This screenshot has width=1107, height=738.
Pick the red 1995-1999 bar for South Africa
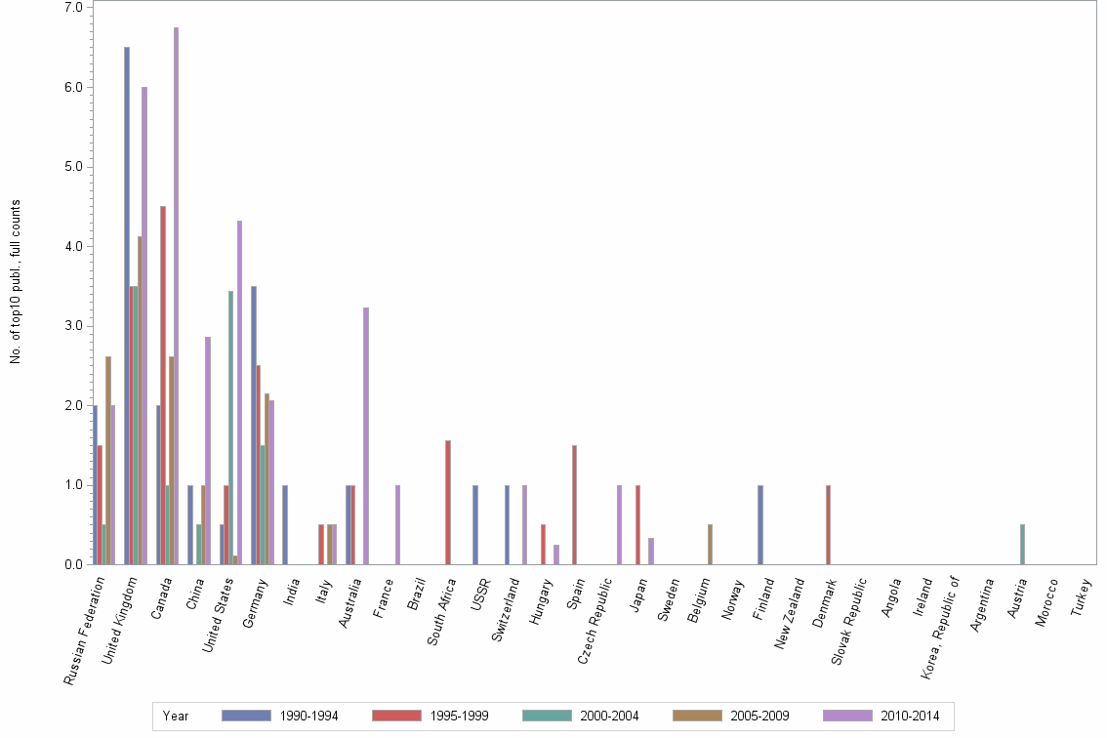point(448,502)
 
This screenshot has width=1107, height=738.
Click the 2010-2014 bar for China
point(208,450)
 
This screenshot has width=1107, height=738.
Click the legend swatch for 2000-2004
point(547,716)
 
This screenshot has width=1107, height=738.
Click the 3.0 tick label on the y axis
point(72,325)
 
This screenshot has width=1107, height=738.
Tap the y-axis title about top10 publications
point(16,282)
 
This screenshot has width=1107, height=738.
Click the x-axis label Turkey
point(1082,595)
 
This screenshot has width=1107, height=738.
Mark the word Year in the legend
point(177,716)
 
